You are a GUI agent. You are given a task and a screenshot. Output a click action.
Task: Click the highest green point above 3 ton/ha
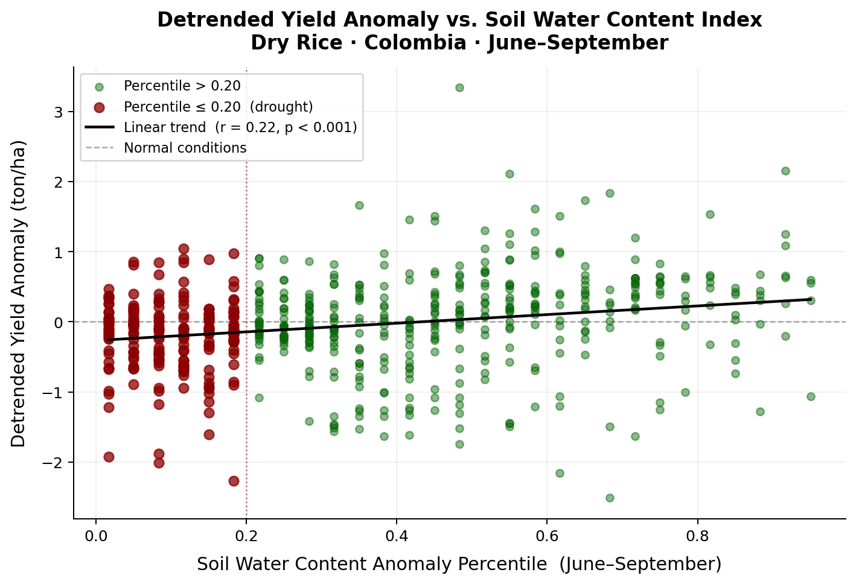[x=459, y=87]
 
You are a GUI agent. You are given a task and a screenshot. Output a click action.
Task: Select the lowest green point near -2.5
[x=610, y=498]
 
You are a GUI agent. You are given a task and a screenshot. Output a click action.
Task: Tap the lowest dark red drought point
[x=234, y=481]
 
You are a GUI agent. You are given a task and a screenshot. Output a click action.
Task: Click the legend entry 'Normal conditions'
[x=185, y=148]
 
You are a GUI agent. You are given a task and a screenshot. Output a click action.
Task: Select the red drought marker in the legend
[x=100, y=107]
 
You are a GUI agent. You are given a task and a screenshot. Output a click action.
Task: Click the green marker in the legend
[x=100, y=86]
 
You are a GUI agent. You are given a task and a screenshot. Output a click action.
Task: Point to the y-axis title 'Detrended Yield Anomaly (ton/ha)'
[x=19, y=294]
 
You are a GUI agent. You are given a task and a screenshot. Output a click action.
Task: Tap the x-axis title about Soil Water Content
[x=459, y=564]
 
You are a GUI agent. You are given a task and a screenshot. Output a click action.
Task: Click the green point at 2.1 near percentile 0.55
[x=509, y=174]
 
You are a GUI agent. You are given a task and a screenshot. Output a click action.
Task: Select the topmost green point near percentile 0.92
[x=785, y=171]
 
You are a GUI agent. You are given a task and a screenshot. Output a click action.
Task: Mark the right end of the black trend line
[x=811, y=299]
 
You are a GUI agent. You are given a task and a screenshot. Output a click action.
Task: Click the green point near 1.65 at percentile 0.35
[x=359, y=205]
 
